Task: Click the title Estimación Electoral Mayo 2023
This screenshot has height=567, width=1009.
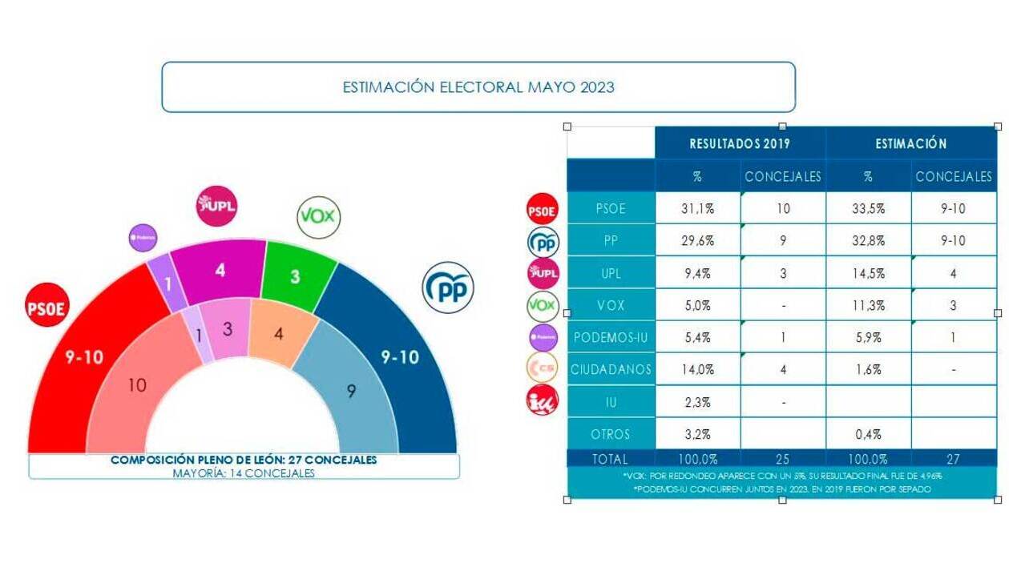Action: coord(478,86)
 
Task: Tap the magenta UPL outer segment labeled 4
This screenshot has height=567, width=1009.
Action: coord(220,271)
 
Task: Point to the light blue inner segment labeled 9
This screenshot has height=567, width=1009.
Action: coord(351,391)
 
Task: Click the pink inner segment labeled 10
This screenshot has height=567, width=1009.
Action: coord(137,384)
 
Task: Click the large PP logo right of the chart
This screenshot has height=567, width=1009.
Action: coord(448,288)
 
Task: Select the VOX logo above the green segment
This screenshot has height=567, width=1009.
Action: coord(318,216)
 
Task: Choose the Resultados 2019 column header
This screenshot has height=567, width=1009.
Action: coord(740,144)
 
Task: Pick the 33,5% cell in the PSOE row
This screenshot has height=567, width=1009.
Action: coord(868,208)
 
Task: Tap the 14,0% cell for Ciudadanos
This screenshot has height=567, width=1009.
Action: coord(696,370)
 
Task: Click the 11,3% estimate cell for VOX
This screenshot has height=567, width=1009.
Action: coord(868,305)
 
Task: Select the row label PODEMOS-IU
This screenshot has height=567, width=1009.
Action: coord(611,338)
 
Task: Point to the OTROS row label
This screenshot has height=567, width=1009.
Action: coord(611,434)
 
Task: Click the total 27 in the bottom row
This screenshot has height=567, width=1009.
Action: coord(953,460)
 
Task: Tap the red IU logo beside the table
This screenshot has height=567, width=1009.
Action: coord(542,400)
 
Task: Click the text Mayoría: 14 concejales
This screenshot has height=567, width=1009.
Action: coord(244,473)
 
